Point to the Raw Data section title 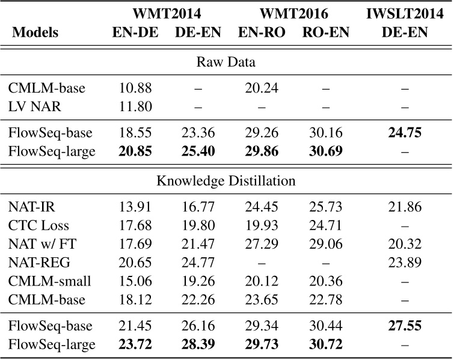point(226,61)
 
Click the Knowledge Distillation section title point(226,178)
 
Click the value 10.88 point(135,88)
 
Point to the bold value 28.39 point(198,346)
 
